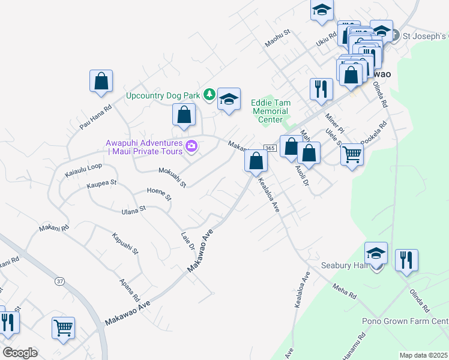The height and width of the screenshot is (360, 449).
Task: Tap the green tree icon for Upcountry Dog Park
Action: pyautogui.click(x=209, y=94)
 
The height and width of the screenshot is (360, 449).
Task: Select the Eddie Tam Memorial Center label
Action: pyautogui.click(x=271, y=111)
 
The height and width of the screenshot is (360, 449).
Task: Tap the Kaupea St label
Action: pyautogui.click(x=101, y=182)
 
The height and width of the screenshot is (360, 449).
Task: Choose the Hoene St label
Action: pyautogui.click(x=159, y=193)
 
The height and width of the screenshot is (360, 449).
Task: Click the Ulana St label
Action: pyautogui.click(x=134, y=209)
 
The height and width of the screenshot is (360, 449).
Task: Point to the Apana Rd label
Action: pyautogui.click(x=129, y=290)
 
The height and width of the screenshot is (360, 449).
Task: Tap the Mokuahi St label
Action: pyautogui.click(x=172, y=176)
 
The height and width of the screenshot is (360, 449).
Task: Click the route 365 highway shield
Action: pyautogui.click(x=269, y=148)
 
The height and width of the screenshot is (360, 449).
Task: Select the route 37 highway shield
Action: pyautogui.click(x=59, y=281)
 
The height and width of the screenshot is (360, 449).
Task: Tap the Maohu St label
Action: pyautogui.click(x=278, y=37)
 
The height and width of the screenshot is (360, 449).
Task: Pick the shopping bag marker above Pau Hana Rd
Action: pyautogui.click(x=101, y=81)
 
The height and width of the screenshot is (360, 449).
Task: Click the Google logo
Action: pyautogui.click(x=20, y=353)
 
